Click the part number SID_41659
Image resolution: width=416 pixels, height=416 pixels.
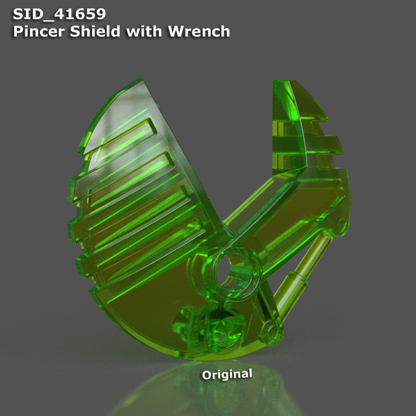coord(59,14)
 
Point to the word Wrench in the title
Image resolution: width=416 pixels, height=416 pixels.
coord(198,32)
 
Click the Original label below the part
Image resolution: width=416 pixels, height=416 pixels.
coord(227,374)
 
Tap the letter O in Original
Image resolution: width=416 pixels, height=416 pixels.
coord(207,376)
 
